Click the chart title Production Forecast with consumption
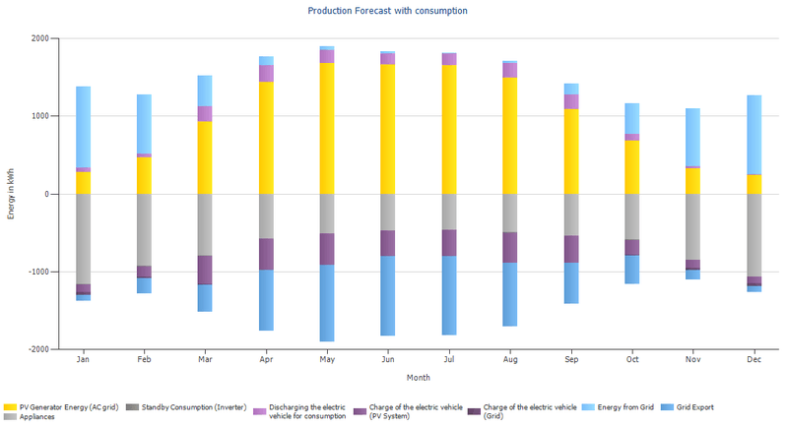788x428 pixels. coord(387,11)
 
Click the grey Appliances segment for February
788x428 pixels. coord(144,229)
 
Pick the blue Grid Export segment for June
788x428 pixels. coord(388,295)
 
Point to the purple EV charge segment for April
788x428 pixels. coord(266,254)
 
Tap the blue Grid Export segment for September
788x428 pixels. coord(571,282)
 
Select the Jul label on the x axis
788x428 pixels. coord(449,360)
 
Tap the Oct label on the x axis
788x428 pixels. coord(632,360)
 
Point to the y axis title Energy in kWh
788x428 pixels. coord(11,194)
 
